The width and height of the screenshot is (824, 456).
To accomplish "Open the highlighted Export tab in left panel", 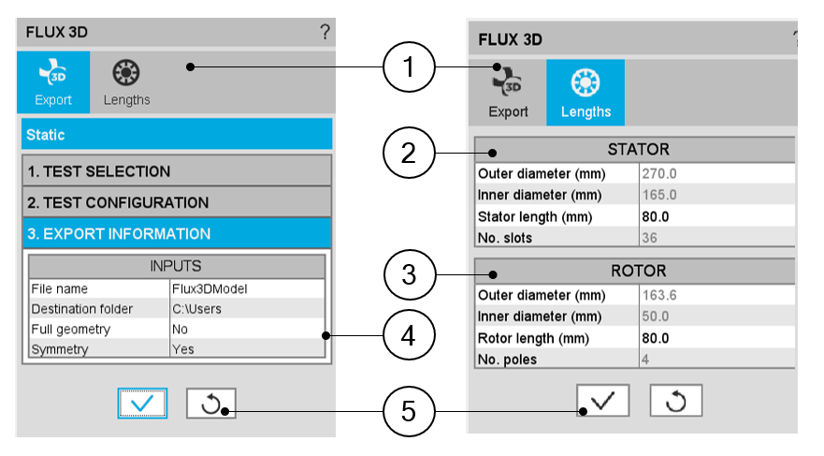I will tap(53, 82).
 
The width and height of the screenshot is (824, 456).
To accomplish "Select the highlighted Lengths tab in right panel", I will tap(585, 92).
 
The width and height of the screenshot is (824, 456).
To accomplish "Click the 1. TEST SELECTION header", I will tap(177, 171).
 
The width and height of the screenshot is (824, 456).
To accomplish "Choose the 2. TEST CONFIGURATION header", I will tap(177, 202).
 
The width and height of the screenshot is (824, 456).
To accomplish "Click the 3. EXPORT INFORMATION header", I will tap(177, 233).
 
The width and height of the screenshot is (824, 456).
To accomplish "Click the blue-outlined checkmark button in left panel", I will tap(142, 404).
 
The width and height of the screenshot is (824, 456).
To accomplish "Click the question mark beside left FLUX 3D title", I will tap(325, 33).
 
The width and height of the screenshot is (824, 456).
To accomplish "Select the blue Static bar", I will tap(177, 135).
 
